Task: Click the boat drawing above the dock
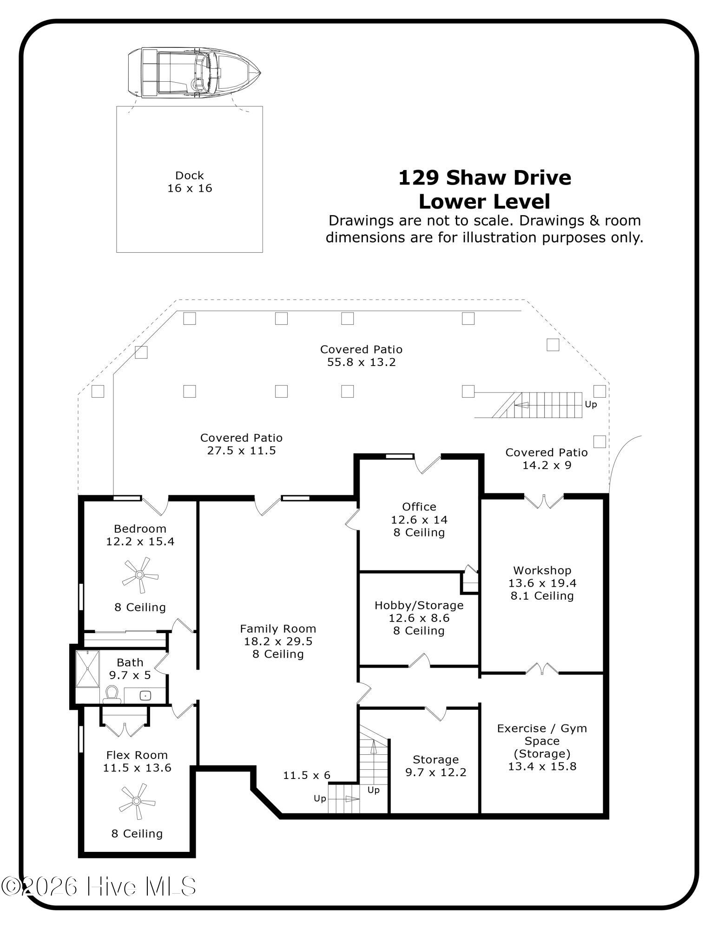point(194,72)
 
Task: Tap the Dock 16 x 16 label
point(190,182)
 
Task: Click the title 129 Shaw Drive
point(485,178)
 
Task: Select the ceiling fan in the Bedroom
point(140,575)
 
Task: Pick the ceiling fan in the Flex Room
point(137,801)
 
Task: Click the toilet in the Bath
point(112,694)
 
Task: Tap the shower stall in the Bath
point(87,668)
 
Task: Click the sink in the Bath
point(145,695)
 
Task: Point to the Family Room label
point(278,628)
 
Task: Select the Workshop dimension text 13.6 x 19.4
point(542,583)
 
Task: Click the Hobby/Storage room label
point(419,605)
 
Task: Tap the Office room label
point(419,507)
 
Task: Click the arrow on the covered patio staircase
point(522,405)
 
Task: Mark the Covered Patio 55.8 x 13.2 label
point(361,356)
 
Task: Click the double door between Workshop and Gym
point(542,669)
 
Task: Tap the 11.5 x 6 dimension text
point(307,775)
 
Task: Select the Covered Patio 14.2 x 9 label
point(547,458)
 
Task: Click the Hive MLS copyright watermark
point(99,887)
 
